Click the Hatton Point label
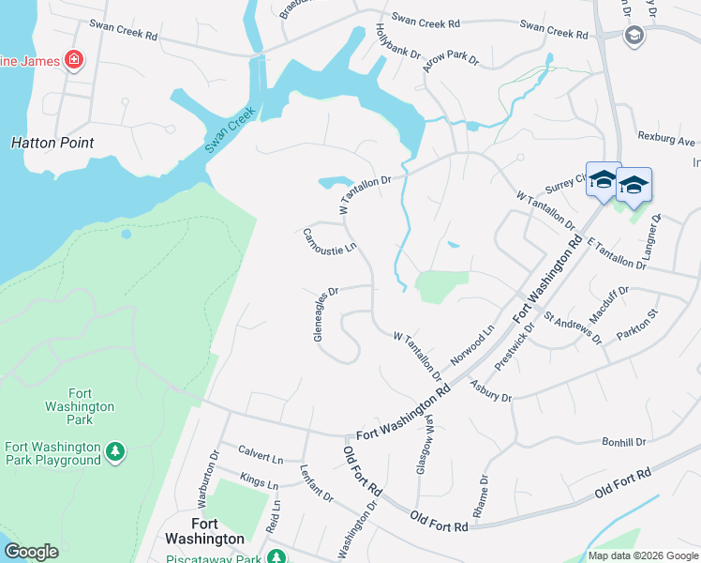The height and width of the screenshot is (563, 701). click(52, 144)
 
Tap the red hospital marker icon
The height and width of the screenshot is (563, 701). click(73, 62)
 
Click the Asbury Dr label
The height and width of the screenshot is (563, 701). click(490, 391)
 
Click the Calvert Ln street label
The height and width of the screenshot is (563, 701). click(261, 454)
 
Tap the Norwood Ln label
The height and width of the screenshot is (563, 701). click(471, 346)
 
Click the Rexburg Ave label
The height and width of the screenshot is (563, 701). click(666, 140)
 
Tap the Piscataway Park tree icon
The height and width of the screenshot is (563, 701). click(276, 557)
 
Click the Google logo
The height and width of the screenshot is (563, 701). click(31, 552)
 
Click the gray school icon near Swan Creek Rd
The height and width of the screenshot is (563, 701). click(634, 36)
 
